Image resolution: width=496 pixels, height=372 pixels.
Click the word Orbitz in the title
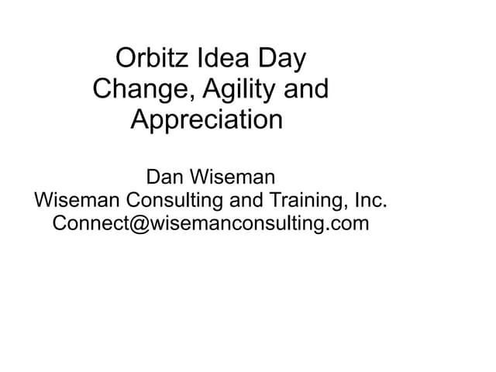coord(151,59)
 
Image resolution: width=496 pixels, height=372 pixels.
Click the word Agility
coord(235,91)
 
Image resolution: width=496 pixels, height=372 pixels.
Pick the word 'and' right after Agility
coord(306,90)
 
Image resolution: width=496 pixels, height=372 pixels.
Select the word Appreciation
coord(207,121)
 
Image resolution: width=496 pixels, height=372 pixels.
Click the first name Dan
coord(165,177)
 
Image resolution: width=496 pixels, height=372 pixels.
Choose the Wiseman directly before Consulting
coord(77,201)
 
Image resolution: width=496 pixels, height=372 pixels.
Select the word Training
coord(306,201)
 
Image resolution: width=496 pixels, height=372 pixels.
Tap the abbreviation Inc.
coord(370,201)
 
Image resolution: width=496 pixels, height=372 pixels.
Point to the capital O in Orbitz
coord(124,59)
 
